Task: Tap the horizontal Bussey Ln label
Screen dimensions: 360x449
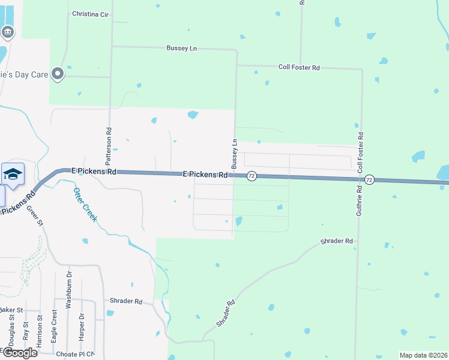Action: coord(181,48)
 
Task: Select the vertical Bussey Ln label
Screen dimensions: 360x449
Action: coord(235,153)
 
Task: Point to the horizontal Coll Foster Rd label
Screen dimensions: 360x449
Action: coord(299,68)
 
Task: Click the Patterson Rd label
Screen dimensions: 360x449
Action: coord(109,146)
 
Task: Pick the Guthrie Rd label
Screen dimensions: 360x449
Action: coord(359,200)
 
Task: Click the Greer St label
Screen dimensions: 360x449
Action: coord(35,216)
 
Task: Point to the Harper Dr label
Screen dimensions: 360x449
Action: coord(81,324)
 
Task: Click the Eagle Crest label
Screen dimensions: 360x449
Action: coord(54,326)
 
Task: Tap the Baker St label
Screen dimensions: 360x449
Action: coord(11,310)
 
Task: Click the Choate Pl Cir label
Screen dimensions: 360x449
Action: coord(75,354)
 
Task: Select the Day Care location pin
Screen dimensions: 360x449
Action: coord(58,74)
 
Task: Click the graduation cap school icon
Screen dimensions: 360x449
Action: coord(13,174)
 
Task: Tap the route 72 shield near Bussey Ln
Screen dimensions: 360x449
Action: coord(252,176)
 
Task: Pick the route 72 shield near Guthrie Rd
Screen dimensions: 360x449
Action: coord(369,180)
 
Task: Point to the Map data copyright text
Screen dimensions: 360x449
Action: coord(423,355)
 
